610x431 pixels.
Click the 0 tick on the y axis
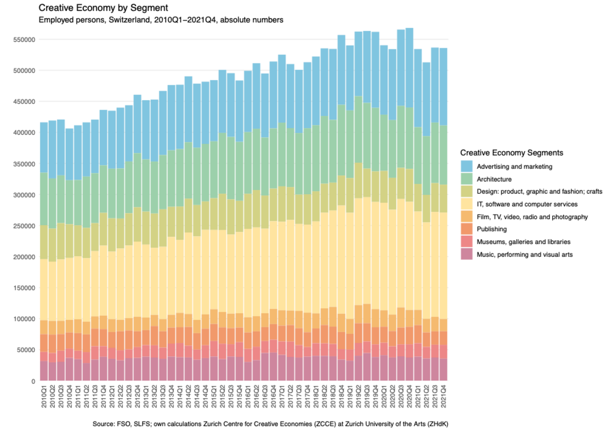[x=33, y=381]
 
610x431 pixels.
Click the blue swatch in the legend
[x=467, y=166]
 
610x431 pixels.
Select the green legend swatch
[x=467, y=179]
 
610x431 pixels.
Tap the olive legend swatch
[x=467, y=191]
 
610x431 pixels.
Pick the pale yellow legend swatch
[x=467, y=204]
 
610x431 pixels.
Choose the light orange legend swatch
[x=467, y=216]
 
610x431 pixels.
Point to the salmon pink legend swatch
[x=467, y=241]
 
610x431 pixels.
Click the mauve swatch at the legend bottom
[x=467, y=254]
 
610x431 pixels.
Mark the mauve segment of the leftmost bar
[x=44, y=371]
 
